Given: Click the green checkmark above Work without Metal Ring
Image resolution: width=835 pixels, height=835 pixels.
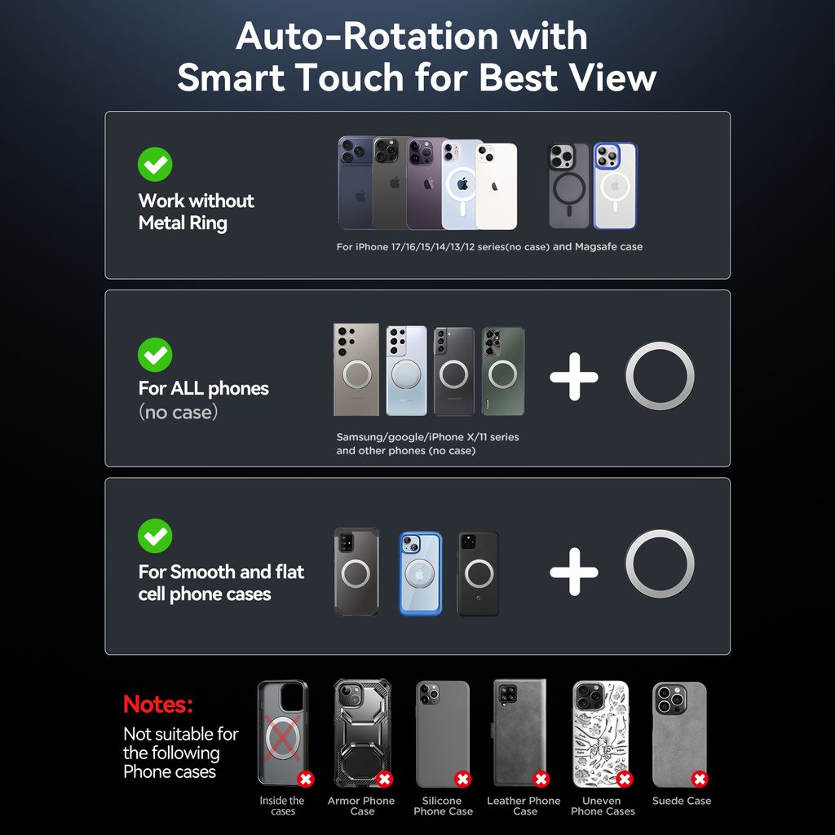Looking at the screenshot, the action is click(x=155, y=165).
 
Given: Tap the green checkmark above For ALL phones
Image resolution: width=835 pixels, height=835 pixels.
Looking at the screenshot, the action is click(x=155, y=355).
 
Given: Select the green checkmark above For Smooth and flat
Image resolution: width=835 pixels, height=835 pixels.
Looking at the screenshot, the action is click(x=155, y=536).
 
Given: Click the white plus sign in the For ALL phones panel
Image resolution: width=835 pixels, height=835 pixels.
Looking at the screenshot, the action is click(x=573, y=377).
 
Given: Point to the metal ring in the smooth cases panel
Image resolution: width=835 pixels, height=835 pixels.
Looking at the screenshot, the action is click(x=629, y=564).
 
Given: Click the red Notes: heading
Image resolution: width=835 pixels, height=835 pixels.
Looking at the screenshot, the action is click(x=158, y=704).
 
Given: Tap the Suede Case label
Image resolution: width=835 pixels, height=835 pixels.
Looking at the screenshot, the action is click(x=682, y=801).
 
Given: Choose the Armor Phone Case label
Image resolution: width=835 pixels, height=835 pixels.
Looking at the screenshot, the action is click(x=361, y=806).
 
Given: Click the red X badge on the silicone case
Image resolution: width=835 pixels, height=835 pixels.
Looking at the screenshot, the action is click(x=463, y=779).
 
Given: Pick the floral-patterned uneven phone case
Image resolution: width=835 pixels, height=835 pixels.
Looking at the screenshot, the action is click(x=600, y=734).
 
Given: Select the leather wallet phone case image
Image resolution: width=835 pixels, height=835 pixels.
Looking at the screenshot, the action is click(x=519, y=733).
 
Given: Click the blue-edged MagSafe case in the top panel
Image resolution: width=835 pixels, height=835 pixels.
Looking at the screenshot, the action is click(x=615, y=185).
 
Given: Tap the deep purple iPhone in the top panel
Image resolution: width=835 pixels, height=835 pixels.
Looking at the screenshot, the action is click(x=425, y=183).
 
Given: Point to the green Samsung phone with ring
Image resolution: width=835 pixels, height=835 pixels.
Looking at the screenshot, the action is click(x=502, y=371).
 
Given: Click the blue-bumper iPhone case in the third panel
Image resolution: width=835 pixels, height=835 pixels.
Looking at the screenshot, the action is click(x=420, y=573).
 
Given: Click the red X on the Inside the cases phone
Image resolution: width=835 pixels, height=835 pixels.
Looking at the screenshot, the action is click(x=306, y=779).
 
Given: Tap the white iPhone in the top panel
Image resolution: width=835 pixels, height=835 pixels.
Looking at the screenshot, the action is click(x=497, y=187).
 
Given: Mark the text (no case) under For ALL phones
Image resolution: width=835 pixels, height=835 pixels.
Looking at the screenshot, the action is click(x=179, y=412).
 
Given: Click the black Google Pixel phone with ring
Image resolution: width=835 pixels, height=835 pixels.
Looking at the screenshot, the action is click(x=478, y=573).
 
